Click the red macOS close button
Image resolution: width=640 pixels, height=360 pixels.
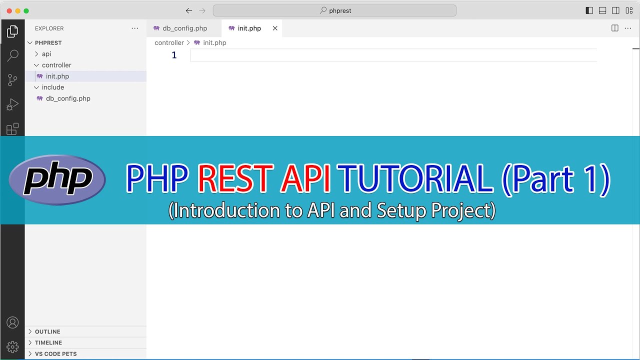[x=8, y=10]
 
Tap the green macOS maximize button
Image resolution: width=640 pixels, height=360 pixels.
[x=26, y=10]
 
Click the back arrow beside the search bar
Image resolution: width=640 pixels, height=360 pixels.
[x=188, y=10]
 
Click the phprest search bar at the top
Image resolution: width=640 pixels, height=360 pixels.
[x=334, y=10]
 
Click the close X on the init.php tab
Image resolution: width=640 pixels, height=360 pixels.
[x=275, y=28]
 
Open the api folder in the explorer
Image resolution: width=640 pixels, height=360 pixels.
[x=46, y=54]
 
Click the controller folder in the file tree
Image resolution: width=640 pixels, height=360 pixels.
[x=56, y=65]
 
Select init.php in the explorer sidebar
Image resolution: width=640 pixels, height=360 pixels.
[x=57, y=76]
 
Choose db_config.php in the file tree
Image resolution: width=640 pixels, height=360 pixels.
[x=68, y=98]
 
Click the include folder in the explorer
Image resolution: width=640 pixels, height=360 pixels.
[x=52, y=87]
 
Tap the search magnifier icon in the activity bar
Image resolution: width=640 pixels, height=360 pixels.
[x=12, y=55]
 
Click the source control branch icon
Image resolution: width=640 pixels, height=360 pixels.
[x=12, y=80]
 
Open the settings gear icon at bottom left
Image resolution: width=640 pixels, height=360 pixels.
[x=12, y=346]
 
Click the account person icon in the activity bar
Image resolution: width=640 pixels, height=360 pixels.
[x=12, y=322]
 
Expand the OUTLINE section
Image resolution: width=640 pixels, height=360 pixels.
[x=47, y=331]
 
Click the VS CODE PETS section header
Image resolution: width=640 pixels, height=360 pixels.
[x=55, y=353]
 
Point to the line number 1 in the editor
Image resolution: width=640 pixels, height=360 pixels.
[x=174, y=55]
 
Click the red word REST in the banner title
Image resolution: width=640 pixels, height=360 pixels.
[x=235, y=179]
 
